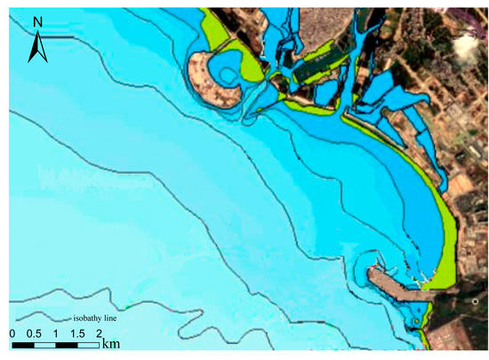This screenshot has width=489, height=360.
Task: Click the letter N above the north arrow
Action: [37, 20]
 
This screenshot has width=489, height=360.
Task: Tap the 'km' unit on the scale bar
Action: [110, 342]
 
